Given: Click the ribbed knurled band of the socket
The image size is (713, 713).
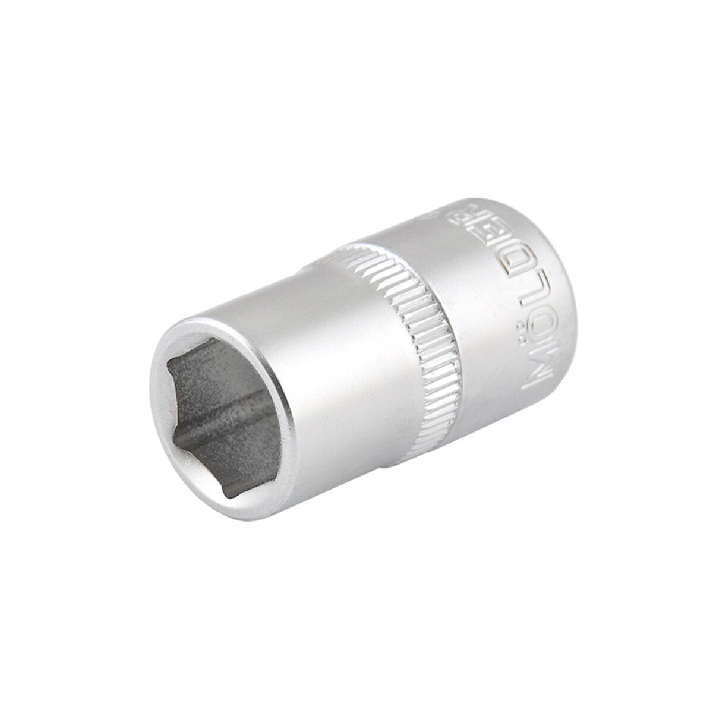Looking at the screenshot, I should (x=404, y=333).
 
